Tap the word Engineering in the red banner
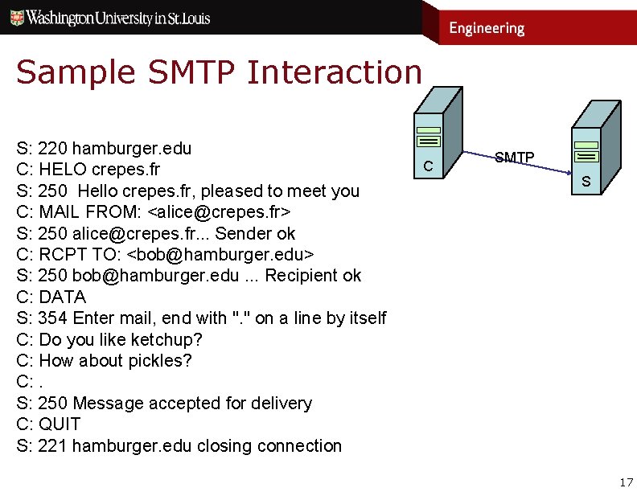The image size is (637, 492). coord(486,28)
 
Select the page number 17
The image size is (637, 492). coord(627,482)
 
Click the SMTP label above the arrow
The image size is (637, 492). coord(514,158)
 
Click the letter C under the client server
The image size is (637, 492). coord(429,166)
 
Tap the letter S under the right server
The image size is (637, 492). coord(586,182)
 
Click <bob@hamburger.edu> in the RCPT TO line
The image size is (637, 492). coord(221,255)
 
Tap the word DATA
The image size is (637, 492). coord(62,297)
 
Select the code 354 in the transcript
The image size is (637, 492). coord(52,318)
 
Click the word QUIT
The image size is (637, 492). coord(60,424)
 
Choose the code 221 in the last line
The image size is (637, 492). coord(52,446)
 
